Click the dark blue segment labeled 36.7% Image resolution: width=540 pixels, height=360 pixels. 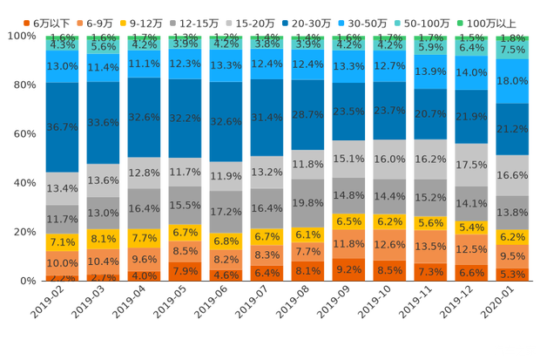coord(62,127)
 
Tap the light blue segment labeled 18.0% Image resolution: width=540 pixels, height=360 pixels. coord(511,81)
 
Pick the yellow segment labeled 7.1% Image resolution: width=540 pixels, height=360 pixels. coord(62,242)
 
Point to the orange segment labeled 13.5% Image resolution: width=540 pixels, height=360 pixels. coord(430,247)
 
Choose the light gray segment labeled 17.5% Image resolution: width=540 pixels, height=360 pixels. coord(471,164)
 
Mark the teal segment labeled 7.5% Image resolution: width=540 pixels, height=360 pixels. coord(511,51)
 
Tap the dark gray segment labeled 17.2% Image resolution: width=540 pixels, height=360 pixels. coord(226,212)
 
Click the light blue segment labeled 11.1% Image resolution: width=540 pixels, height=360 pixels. coord(144,65)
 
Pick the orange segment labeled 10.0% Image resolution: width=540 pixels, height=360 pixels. coord(62,263)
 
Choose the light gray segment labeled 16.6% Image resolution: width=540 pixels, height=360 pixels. coord(511,175)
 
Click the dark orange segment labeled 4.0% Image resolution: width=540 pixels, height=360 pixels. coord(144,275)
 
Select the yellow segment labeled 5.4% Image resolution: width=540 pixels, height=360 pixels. coord(471,228)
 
